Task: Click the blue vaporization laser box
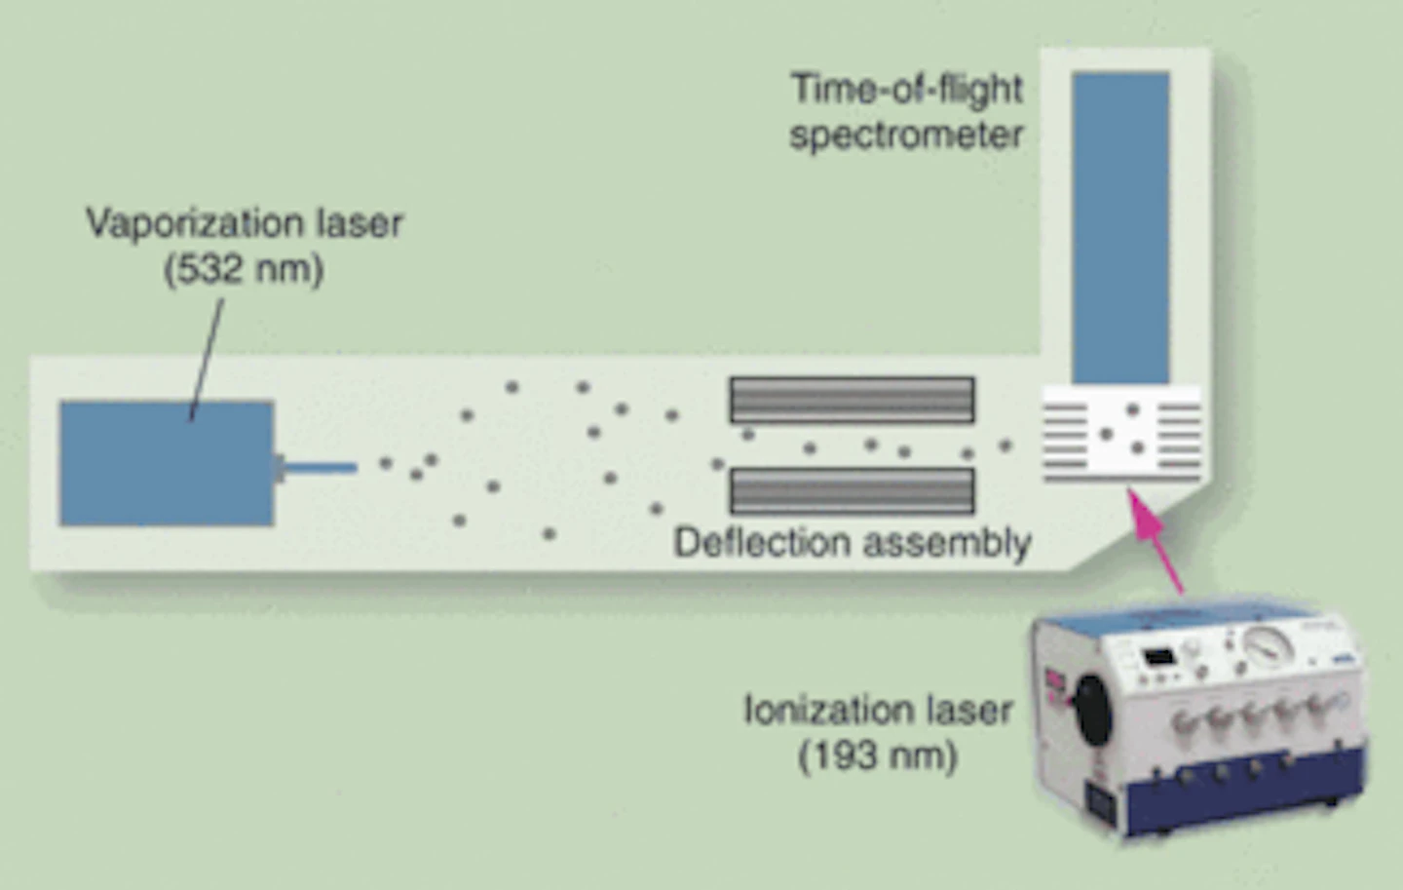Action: [x=167, y=463]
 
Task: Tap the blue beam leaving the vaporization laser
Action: [x=321, y=468]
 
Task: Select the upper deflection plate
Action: [x=852, y=400]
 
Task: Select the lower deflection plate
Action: [x=852, y=491]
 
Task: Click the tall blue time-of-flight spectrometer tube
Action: [x=1120, y=227]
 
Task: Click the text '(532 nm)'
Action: [x=244, y=269]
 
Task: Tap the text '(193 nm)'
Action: [x=878, y=755]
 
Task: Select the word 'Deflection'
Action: [x=762, y=542]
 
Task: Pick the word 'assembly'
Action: [x=947, y=544]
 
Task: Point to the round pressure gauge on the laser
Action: [x=1269, y=643]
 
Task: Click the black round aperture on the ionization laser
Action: [x=1092, y=710]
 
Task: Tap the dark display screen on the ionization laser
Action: [x=1157, y=657]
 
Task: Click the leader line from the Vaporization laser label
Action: [x=207, y=360]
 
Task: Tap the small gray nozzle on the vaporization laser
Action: [x=280, y=468]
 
